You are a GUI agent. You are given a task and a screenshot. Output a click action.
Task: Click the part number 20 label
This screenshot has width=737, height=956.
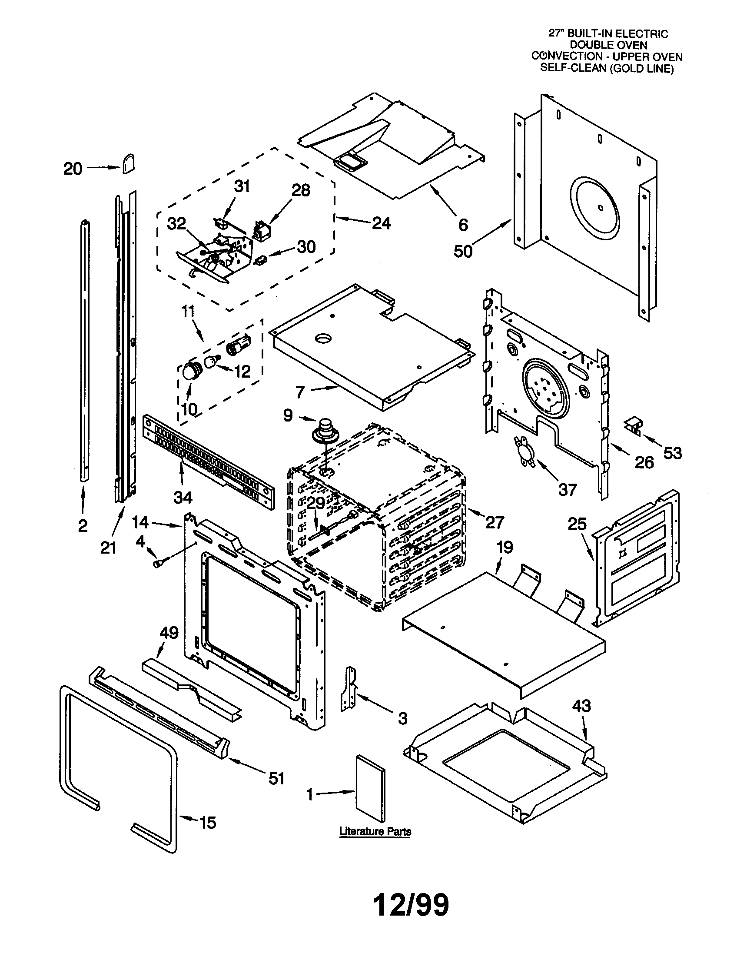point(73,169)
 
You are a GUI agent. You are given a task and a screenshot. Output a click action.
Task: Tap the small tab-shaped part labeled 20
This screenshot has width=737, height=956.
point(128,164)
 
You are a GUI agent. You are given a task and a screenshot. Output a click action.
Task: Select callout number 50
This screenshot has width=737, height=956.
point(463,251)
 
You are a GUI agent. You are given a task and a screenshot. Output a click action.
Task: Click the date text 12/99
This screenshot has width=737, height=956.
point(411,905)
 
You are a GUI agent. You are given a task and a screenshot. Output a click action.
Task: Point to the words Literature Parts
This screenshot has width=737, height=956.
point(375,831)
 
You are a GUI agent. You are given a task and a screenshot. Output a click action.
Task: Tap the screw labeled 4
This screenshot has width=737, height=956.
point(157,564)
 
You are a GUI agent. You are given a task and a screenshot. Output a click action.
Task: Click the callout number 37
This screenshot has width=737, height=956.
point(567,489)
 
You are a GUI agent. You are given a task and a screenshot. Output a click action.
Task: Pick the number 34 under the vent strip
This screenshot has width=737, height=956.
point(183,497)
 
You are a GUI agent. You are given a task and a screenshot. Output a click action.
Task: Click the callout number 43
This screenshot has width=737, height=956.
point(581,706)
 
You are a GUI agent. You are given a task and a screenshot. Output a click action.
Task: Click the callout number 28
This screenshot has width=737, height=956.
point(301,190)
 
